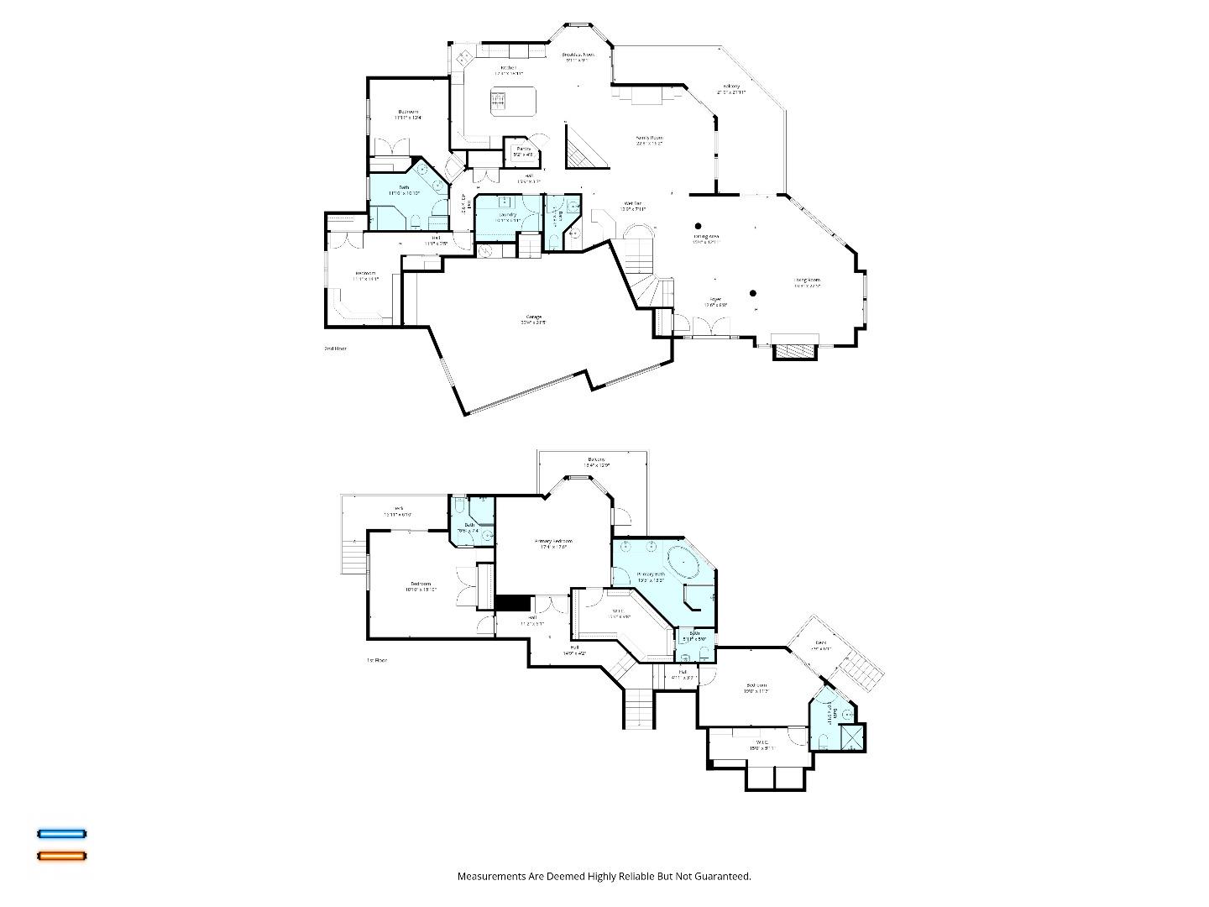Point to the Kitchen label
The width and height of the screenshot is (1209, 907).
tap(508, 69)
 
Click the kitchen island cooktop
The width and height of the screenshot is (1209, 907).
tap(498, 102)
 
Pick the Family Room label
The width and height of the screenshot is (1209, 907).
tap(649, 139)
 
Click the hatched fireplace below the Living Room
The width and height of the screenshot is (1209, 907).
tap(794, 349)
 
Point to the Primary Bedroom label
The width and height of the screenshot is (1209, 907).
tap(553, 543)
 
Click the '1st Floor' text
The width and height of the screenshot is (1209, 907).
tap(376, 661)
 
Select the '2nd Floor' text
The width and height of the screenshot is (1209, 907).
tap(335, 349)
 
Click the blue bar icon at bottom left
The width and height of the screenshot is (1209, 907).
tap(61, 834)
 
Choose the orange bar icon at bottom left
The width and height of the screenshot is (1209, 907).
tap(61, 856)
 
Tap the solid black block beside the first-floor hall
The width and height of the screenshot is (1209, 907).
tap(512, 603)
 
